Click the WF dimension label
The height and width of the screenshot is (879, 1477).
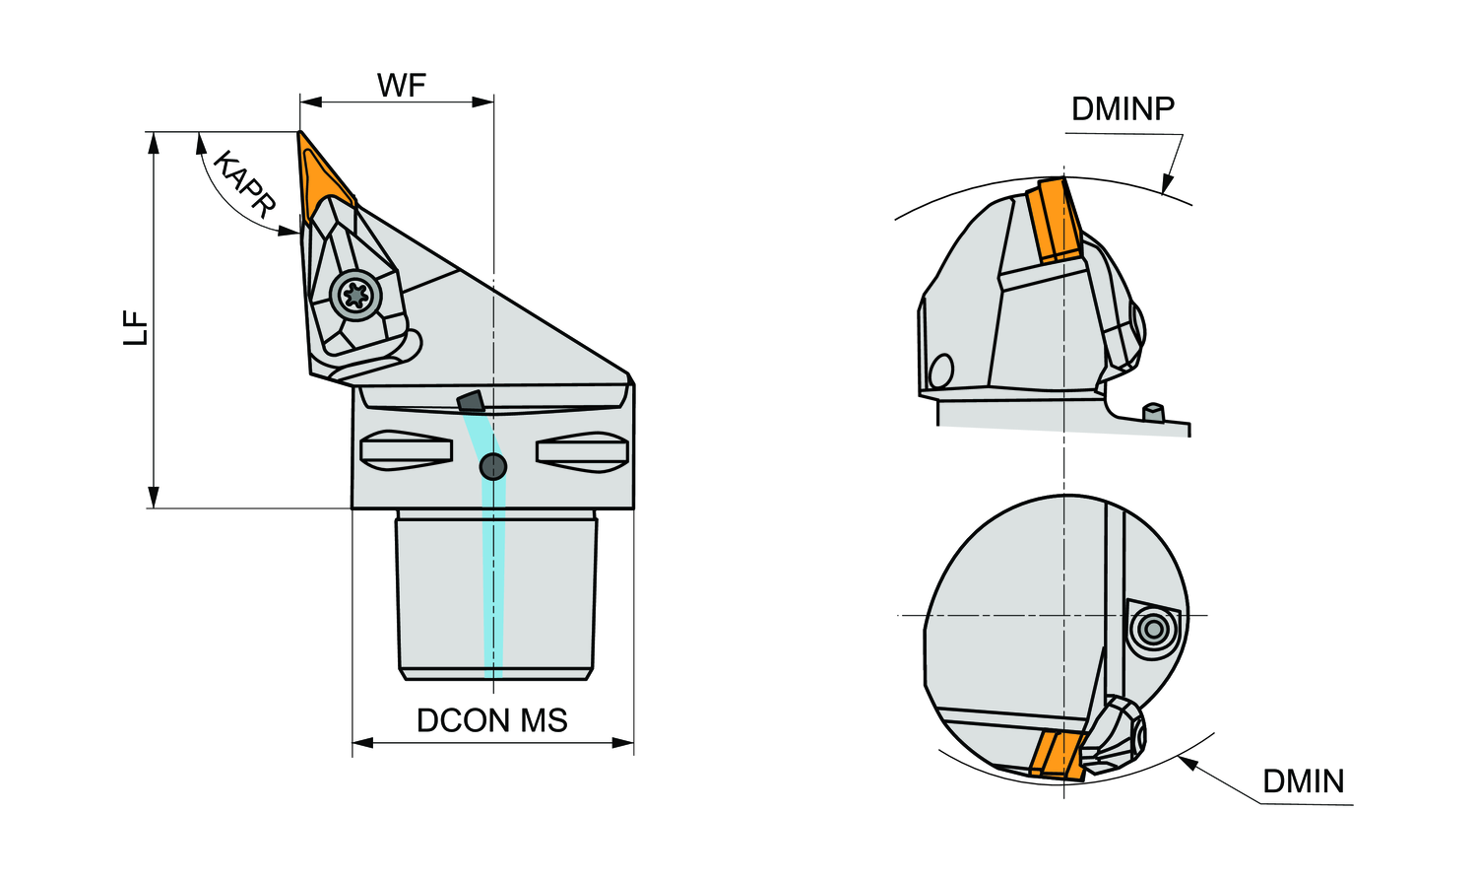pyautogui.click(x=401, y=86)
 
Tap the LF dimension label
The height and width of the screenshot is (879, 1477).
pyautogui.click(x=136, y=327)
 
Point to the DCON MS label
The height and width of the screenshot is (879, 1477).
pyautogui.click(x=491, y=720)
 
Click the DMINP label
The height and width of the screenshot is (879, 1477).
pyautogui.click(x=1123, y=108)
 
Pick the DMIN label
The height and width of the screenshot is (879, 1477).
pyautogui.click(x=1303, y=781)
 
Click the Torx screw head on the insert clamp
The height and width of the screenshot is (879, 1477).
pyautogui.click(x=354, y=293)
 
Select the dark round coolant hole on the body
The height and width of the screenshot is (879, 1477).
pyautogui.click(x=492, y=466)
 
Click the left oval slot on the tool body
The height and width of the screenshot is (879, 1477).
pyautogui.click(x=406, y=451)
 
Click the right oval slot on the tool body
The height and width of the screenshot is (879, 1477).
pyautogui.click(x=582, y=451)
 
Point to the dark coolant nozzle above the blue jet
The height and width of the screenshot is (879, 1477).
pyautogui.click(x=471, y=401)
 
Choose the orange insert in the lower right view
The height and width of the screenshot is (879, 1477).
pyautogui.click(x=1060, y=756)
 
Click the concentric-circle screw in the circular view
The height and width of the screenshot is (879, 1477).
pyautogui.click(x=1151, y=628)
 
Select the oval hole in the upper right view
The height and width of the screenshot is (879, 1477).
pyautogui.click(x=940, y=371)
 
